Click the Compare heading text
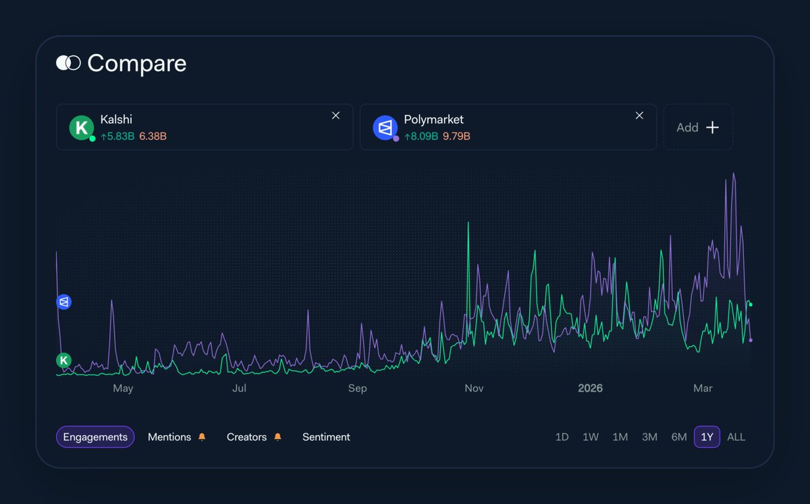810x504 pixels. pyautogui.click(x=136, y=64)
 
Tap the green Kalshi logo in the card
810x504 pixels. pyautogui.click(x=81, y=127)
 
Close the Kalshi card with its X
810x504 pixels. pyautogui.click(x=335, y=116)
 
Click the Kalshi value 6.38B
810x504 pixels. pyautogui.click(x=153, y=136)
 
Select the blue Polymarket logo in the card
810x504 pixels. pyautogui.click(x=385, y=127)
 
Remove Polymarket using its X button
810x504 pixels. pyautogui.click(x=639, y=116)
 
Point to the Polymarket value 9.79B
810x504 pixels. pyautogui.click(x=457, y=136)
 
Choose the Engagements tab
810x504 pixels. pyautogui.click(x=95, y=437)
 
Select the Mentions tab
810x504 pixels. pyautogui.click(x=169, y=437)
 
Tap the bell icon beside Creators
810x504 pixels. pyautogui.click(x=277, y=437)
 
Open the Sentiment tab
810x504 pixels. pyautogui.click(x=326, y=437)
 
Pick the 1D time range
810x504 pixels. pyautogui.click(x=562, y=437)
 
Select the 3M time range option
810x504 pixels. pyautogui.click(x=649, y=437)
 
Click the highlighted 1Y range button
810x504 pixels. pyautogui.click(x=707, y=437)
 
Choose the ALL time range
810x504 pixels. pyautogui.click(x=736, y=437)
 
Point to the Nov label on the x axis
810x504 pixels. pyautogui.click(x=475, y=388)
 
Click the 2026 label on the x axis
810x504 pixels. pyautogui.click(x=590, y=388)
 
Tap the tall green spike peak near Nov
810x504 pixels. pyautogui.click(x=468, y=223)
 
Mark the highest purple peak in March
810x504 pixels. pyautogui.click(x=734, y=174)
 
